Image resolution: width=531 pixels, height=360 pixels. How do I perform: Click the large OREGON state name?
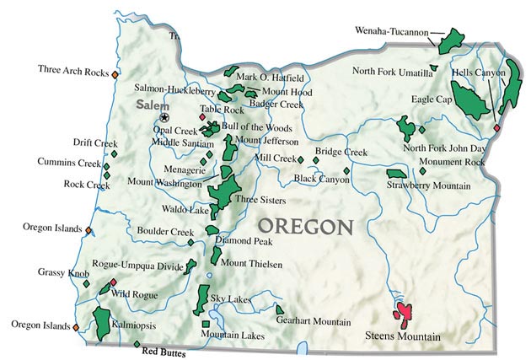(305, 226)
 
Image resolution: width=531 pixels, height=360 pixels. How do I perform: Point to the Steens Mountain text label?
(403, 336)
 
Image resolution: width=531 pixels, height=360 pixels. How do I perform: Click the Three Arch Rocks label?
(73, 72)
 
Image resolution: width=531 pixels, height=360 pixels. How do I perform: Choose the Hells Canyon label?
(478, 73)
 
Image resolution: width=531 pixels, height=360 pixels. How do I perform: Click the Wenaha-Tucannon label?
(391, 31)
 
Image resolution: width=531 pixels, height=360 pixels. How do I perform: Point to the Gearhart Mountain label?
(314, 321)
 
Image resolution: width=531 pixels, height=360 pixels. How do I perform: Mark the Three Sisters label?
(260, 200)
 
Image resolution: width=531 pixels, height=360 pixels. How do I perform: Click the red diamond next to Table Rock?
(202, 117)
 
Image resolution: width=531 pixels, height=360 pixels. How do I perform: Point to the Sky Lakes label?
(227, 298)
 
